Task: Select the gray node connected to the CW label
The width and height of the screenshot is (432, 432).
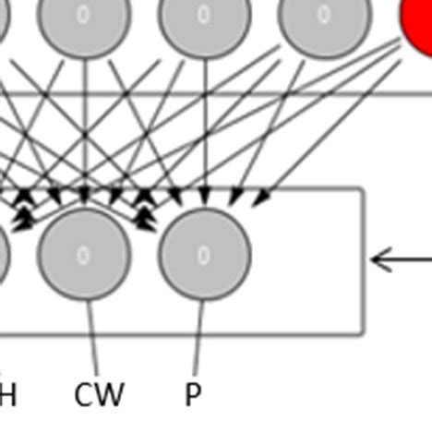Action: point(85,255)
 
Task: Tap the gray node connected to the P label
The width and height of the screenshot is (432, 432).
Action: point(205,255)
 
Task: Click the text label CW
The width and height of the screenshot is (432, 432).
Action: point(99,394)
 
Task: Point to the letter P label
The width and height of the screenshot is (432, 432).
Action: point(192,394)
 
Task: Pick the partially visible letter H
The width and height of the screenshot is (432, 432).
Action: point(7,394)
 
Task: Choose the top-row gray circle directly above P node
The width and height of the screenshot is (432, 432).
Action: point(205,17)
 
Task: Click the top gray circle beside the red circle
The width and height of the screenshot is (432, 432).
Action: point(324,17)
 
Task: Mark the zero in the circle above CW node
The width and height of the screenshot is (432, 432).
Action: point(84,14)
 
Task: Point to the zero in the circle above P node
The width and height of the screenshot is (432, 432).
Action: point(204,14)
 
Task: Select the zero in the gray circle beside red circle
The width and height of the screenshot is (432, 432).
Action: point(324,14)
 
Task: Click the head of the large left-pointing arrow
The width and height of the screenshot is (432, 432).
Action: point(374,259)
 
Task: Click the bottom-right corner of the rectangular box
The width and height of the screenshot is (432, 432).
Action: point(364,331)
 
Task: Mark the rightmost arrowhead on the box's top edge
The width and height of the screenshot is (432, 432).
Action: point(262,198)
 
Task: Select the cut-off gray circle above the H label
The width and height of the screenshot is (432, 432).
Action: point(3,255)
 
